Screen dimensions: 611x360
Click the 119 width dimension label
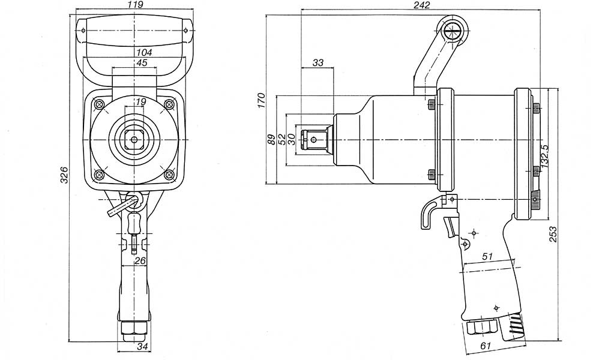[135, 5]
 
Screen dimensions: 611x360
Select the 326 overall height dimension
[64, 175]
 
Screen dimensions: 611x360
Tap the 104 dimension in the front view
[144, 52]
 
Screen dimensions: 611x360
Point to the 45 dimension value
[142, 63]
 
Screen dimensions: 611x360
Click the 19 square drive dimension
[140, 101]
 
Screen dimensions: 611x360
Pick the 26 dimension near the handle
[140, 260]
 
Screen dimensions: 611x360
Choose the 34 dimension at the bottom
[143, 346]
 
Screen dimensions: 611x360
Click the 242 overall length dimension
[421, 5]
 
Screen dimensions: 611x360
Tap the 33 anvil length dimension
[318, 62]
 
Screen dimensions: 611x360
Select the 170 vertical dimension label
[262, 100]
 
